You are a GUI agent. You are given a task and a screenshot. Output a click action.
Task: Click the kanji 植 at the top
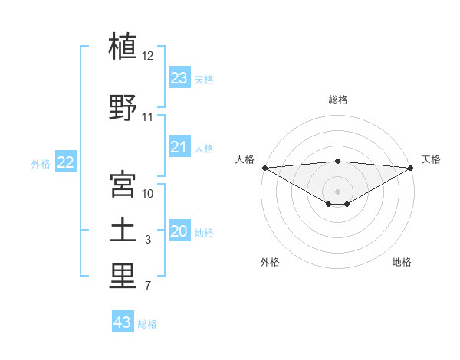[x=123, y=47]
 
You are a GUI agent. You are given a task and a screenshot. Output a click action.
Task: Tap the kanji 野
[x=123, y=108]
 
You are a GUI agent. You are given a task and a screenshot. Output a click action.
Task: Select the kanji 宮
[x=123, y=185]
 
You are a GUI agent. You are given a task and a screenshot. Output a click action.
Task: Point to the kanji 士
[x=123, y=231]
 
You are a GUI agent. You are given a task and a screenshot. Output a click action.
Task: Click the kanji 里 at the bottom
[x=123, y=277]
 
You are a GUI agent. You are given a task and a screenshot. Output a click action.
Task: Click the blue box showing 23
[x=179, y=77]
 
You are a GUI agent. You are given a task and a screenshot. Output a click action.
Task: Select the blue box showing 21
[x=179, y=146]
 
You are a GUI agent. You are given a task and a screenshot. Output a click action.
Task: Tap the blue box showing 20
[x=179, y=231]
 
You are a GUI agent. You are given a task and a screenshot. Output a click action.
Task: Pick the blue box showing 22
[x=66, y=162]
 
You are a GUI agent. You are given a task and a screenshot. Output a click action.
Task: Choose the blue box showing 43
[x=123, y=322]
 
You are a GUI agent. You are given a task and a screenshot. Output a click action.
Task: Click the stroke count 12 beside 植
[x=148, y=56]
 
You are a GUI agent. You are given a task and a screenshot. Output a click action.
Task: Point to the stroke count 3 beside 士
[x=148, y=240]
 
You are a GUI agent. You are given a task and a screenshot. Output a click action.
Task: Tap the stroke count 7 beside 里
[x=148, y=286]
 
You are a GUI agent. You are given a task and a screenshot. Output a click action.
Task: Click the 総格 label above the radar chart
[x=337, y=100]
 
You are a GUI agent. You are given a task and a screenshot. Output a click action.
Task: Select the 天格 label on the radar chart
[x=431, y=159]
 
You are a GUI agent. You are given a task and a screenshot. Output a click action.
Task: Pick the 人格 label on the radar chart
[x=245, y=159]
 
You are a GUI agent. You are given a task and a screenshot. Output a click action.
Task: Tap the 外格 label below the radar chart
[x=270, y=262]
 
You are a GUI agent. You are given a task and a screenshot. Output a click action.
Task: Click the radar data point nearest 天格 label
[x=411, y=168]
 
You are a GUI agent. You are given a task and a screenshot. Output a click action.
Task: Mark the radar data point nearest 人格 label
[x=264, y=168]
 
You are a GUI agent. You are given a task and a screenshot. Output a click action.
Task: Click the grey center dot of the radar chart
[x=337, y=190]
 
